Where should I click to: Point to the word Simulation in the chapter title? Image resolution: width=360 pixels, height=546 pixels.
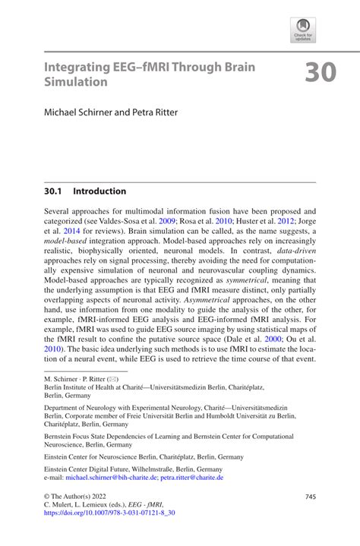click(76, 80)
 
